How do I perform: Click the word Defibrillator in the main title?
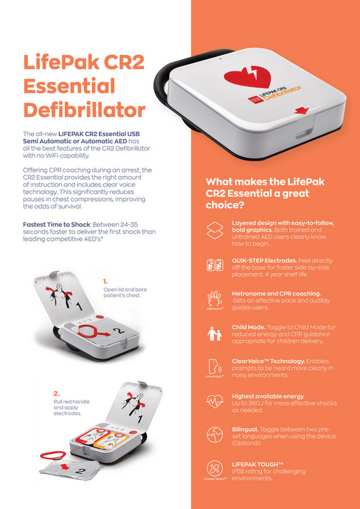click(84, 110)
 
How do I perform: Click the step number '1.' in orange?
click(105, 282)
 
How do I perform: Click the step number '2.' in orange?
click(56, 393)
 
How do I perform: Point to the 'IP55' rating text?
click(240, 472)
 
